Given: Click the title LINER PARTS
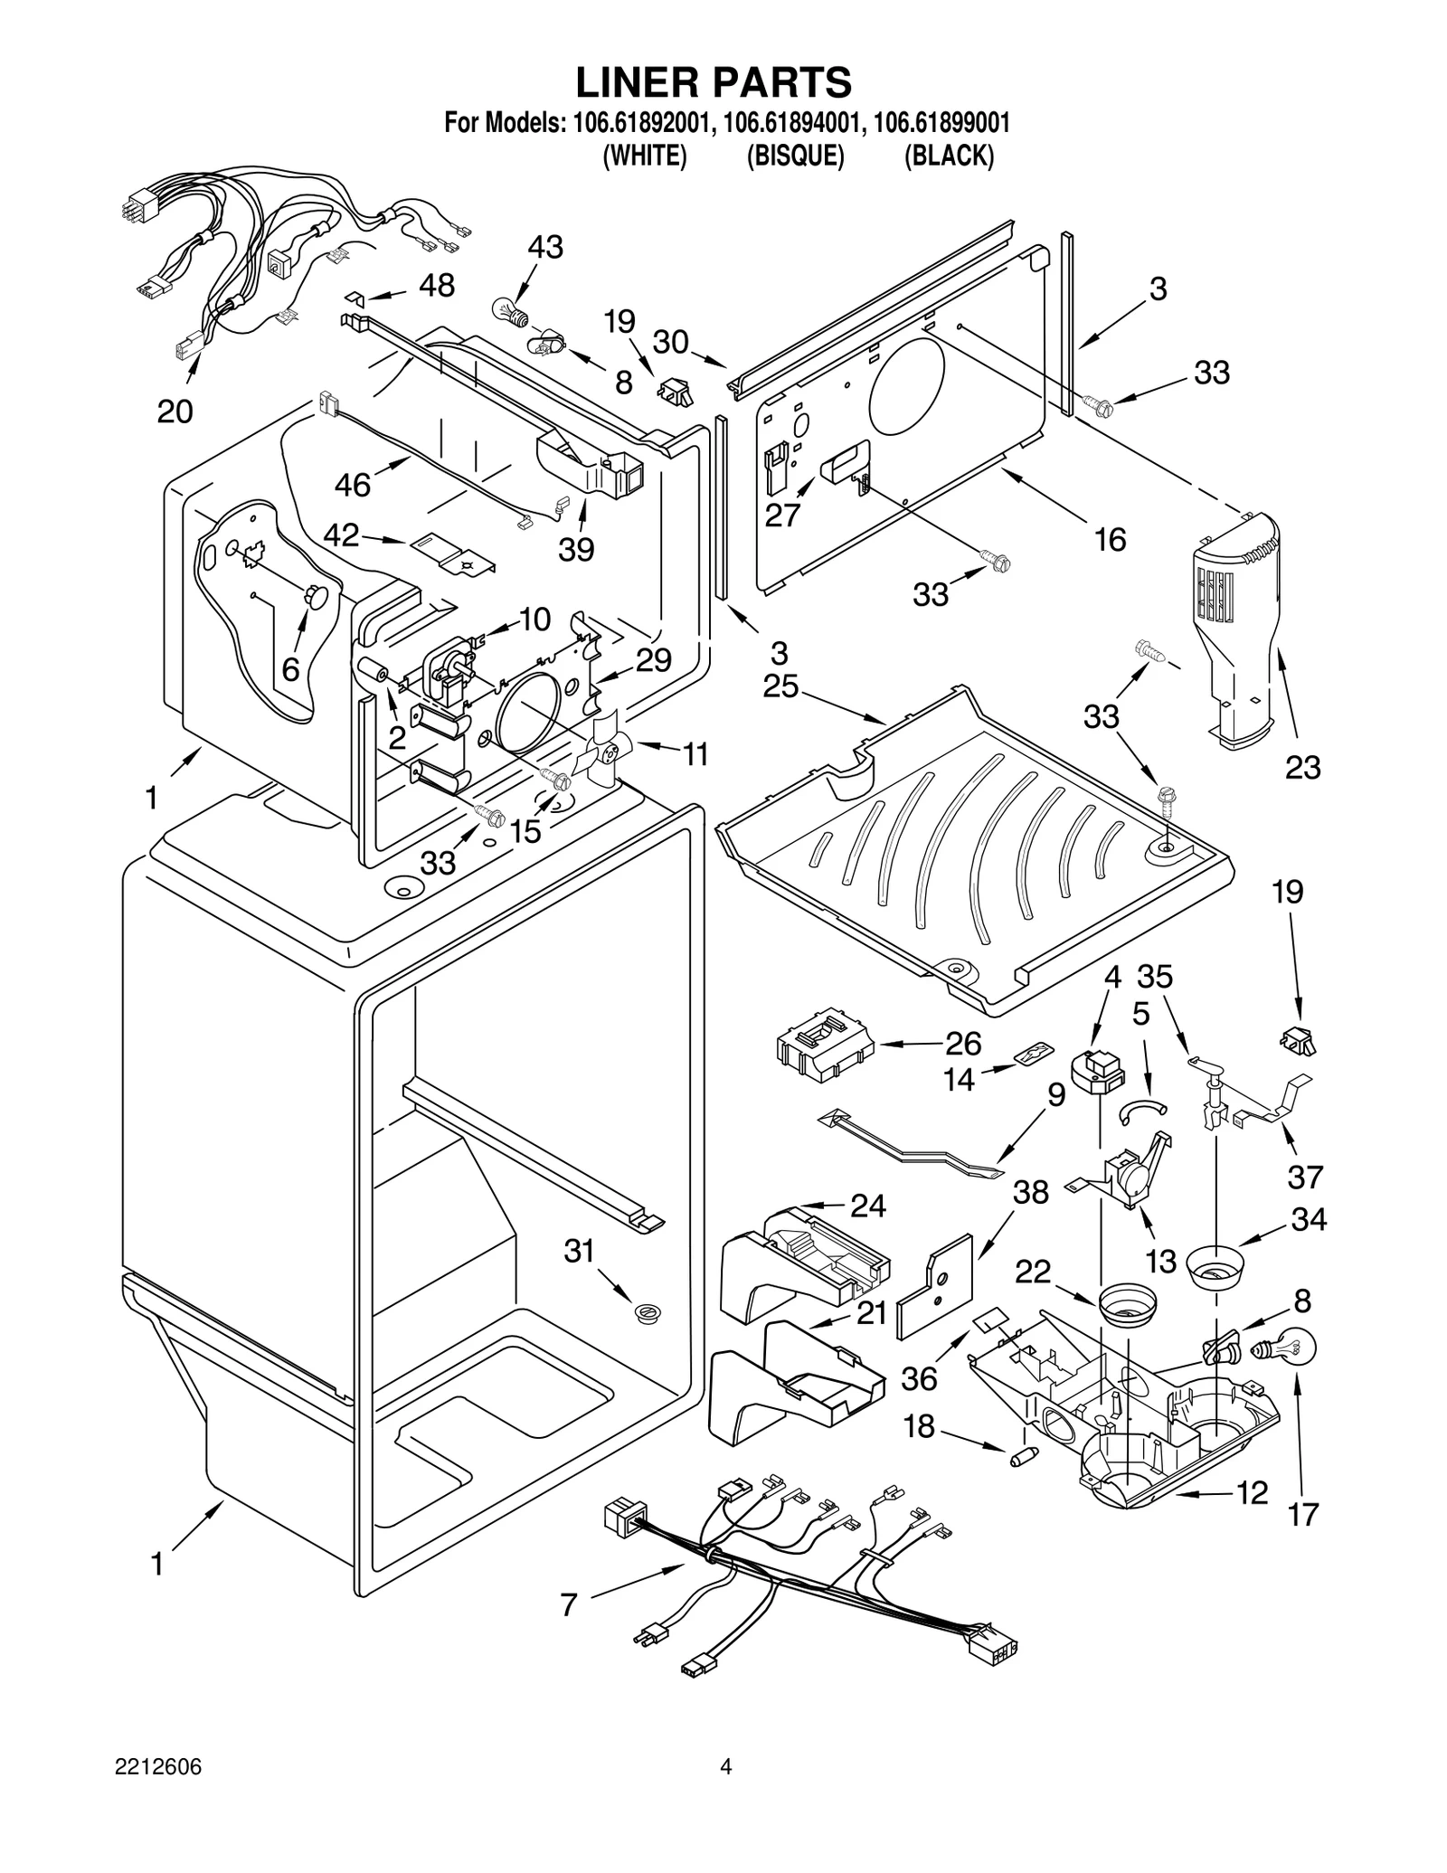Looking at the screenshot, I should point(714,82).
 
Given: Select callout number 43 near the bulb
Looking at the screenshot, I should point(544,247).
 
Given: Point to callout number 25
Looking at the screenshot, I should point(780,686).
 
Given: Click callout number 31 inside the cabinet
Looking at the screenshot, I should point(579,1251).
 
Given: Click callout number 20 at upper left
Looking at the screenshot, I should point(175,411).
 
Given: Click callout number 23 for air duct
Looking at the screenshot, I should point(1303,768).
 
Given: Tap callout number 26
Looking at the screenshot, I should point(963,1043).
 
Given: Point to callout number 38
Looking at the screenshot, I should point(1030,1192).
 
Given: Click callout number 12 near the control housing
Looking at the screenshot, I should point(1252,1492).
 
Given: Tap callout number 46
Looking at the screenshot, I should point(352,485).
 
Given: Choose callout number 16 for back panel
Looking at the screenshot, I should point(1110,540).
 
